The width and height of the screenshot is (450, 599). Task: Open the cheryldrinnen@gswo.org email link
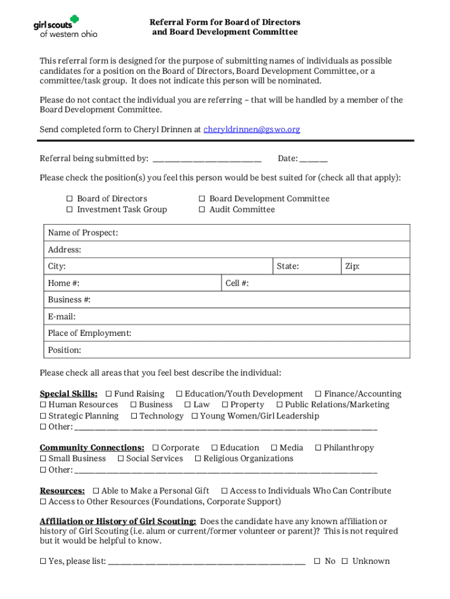(251, 129)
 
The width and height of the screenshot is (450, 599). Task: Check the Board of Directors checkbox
(69, 199)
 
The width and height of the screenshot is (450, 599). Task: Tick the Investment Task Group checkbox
(69, 210)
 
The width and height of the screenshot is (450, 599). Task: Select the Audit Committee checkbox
(202, 210)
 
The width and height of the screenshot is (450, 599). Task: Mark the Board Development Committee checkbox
(202, 199)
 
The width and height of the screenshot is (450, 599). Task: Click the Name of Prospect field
(263, 233)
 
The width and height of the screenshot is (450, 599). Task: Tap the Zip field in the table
(383, 267)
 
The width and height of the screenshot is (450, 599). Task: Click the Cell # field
(327, 284)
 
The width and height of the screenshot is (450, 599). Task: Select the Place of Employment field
(269, 333)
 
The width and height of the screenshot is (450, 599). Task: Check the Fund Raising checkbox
(109, 394)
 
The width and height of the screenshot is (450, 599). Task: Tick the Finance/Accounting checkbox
(319, 394)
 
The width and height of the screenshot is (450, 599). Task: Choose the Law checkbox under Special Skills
(188, 405)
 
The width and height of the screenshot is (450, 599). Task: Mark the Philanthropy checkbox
(319, 448)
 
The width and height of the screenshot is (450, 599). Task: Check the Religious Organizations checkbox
(198, 459)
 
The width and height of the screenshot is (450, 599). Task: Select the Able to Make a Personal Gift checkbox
(96, 491)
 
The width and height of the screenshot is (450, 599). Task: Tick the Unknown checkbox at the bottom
(345, 562)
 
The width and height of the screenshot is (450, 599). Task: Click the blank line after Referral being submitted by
(206, 159)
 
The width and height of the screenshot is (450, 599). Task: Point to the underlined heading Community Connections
(92, 448)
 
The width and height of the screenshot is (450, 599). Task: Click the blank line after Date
(314, 159)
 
